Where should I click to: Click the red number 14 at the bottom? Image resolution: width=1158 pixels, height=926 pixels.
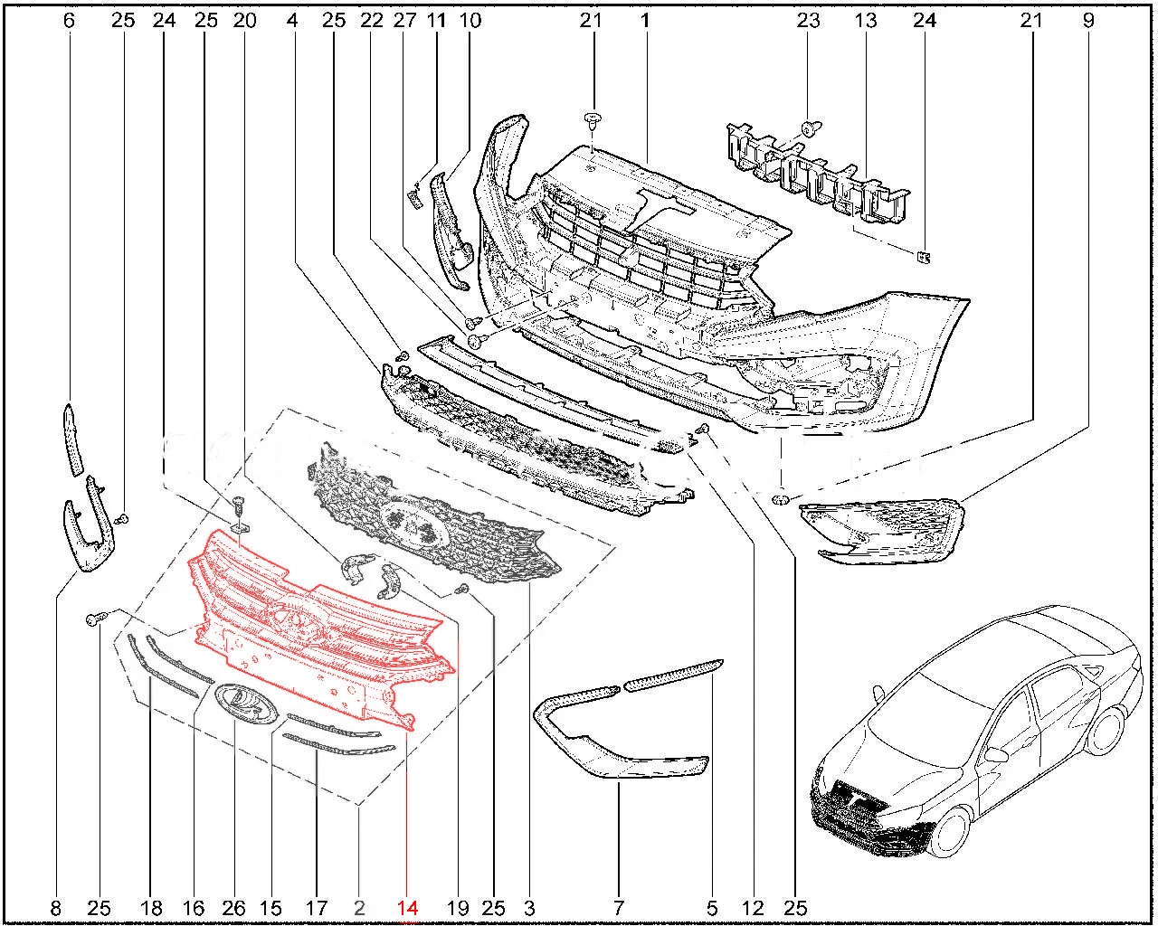pos(407,908)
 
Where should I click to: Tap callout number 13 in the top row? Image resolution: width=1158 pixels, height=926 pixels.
pos(865,21)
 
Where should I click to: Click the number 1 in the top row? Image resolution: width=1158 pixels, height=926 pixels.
pos(645,21)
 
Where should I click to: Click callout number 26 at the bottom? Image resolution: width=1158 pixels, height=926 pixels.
pos(233,908)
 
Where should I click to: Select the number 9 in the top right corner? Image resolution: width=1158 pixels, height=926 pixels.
pos(1088,21)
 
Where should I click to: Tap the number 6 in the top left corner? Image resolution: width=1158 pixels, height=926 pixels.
pos(69,21)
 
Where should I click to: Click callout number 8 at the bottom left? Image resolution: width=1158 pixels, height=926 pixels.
pos(55,908)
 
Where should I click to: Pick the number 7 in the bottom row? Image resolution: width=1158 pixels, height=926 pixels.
pos(618,908)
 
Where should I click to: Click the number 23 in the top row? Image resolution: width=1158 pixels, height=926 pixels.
pos(808,21)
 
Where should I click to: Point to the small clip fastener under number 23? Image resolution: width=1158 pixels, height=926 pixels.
pos(811,129)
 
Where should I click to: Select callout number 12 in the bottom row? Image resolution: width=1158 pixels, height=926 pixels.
pos(753,908)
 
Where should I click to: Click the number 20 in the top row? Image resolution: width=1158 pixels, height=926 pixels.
pos(245,21)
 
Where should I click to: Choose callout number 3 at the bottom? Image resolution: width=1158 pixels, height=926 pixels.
pos(529,908)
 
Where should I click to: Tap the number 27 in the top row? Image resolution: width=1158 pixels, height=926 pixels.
pos(404,21)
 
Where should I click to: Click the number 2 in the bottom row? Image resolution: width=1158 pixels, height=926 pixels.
pos(359,908)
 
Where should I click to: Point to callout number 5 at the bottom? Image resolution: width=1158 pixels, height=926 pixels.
pos(712,908)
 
